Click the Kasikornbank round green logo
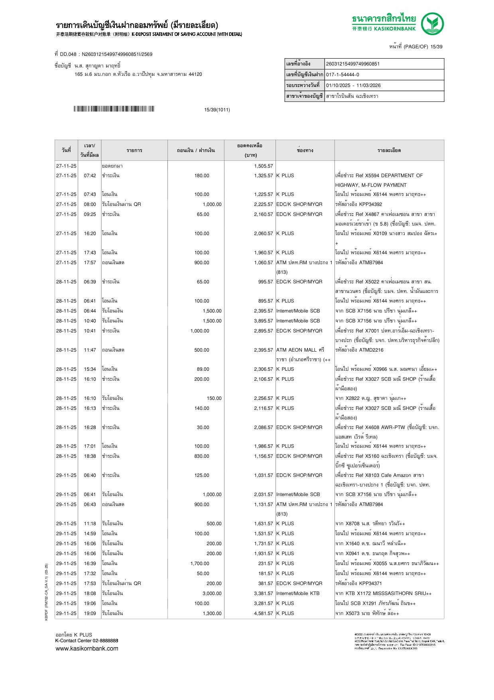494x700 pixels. click(432, 24)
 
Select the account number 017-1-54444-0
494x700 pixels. click(342, 75)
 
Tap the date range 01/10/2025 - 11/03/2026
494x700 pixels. click(353, 85)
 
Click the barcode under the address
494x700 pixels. click(114, 109)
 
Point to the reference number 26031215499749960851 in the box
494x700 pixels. click(353, 64)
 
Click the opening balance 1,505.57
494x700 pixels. click(264, 166)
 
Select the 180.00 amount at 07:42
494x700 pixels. click(201, 176)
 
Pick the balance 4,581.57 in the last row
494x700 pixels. click(264, 613)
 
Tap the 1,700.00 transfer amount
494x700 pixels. click(200, 564)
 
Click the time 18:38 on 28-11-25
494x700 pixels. click(90, 456)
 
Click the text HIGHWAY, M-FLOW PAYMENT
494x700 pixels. click(371, 185)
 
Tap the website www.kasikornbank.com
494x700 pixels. click(87, 649)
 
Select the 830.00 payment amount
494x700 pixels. click(201, 456)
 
